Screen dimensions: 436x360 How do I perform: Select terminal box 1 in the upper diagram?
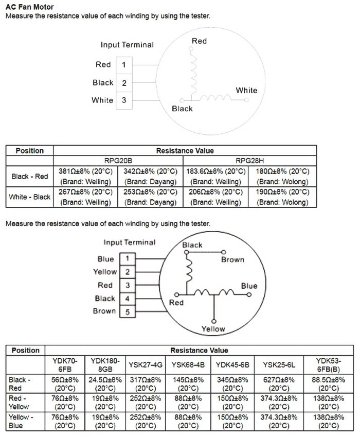click(x=124, y=65)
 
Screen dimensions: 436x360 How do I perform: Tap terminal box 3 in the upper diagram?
click(x=124, y=100)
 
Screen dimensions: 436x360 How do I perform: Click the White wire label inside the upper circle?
click(x=246, y=90)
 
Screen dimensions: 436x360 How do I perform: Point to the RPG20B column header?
click(x=118, y=161)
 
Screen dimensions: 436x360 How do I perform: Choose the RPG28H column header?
click(x=249, y=161)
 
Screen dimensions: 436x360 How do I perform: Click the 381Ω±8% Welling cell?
click(x=85, y=176)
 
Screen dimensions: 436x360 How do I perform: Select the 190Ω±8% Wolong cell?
click(x=282, y=197)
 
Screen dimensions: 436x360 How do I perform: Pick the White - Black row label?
click(x=30, y=197)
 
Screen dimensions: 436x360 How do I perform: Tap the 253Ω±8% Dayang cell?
click(x=151, y=197)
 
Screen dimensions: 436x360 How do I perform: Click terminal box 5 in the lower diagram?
click(x=127, y=311)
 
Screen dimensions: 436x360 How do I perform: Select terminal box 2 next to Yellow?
click(x=127, y=272)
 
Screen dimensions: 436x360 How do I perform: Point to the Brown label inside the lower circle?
click(x=232, y=259)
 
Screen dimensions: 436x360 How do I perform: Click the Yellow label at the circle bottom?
click(x=213, y=328)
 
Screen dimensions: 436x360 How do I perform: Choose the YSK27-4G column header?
click(x=146, y=365)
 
